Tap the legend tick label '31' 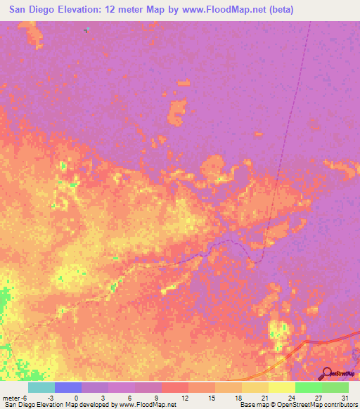tap(345, 398)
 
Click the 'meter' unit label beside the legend tap(10, 398)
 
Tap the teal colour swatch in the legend tap(41, 387)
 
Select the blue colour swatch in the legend tap(67, 387)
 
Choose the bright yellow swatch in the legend tap(281, 387)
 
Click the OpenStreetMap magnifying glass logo tap(327, 372)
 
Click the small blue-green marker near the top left tap(86, 30)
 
